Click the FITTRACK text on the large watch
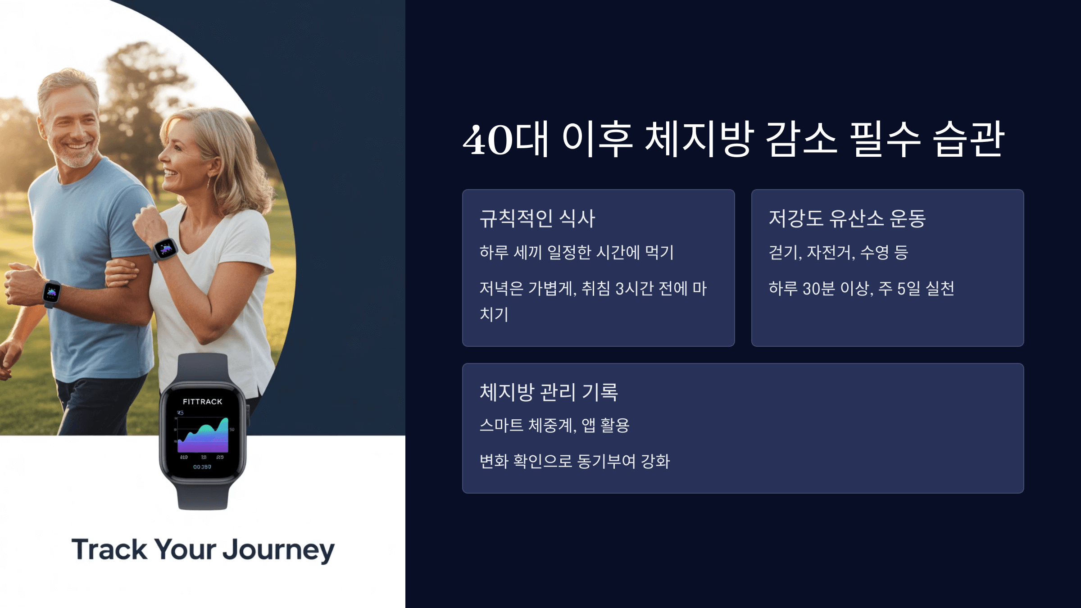[202, 401]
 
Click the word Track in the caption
[109, 549]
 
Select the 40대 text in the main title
[504, 140]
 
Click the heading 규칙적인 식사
[537, 219]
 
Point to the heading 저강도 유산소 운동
[847, 219]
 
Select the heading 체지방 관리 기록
[548, 392]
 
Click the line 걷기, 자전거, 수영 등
[838, 252]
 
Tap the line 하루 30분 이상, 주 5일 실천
[861, 288]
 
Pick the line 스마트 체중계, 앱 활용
[554, 425]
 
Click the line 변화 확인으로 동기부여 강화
[574, 461]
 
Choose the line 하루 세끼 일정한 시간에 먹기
[576, 252]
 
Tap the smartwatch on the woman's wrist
[165, 249]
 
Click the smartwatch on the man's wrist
[51, 292]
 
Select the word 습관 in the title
[968, 140]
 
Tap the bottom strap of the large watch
[203, 495]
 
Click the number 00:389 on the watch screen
[202, 467]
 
